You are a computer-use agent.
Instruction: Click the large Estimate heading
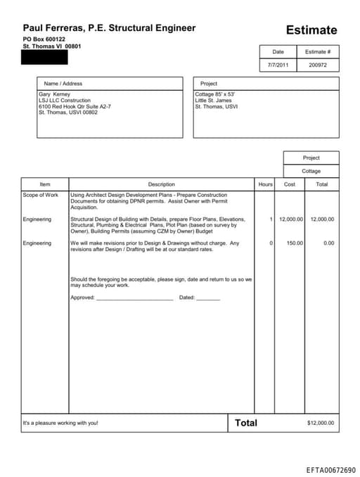coord(311,30)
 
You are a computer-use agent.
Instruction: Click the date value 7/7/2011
coord(278,65)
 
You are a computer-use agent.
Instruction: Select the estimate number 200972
coord(319,65)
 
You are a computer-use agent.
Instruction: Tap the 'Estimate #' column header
coord(319,52)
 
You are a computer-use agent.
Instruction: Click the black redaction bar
coord(45,57)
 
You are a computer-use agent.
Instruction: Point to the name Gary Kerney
coord(54,94)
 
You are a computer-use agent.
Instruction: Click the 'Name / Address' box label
coord(63,84)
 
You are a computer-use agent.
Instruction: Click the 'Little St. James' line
coord(213,101)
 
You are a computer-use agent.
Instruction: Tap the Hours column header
coord(265,184)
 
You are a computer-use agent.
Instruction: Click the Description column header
coord(161,184)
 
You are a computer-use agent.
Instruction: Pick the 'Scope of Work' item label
coord(41,195)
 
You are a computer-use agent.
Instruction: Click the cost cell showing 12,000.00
coord(291,220)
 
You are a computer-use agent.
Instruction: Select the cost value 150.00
coord(295,243)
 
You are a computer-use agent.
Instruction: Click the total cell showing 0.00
coord(328,243)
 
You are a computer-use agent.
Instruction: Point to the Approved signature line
coord(134,298)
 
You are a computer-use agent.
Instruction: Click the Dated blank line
coord(208,298)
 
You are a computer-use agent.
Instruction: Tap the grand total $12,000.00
coord(321,423)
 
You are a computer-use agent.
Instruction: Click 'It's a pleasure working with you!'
coord(60,423)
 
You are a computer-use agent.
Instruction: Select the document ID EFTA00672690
coord(331,469)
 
